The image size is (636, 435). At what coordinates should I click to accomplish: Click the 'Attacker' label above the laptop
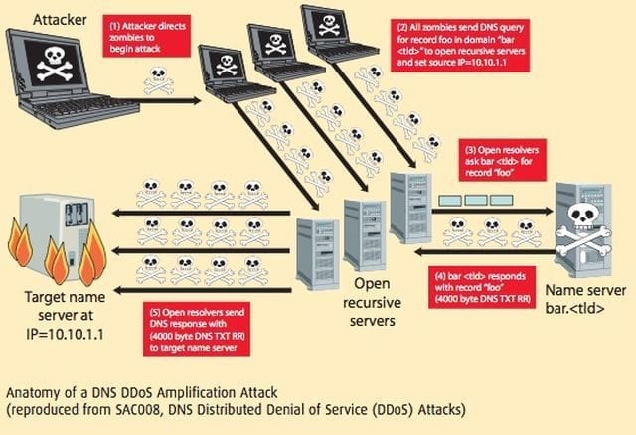pyautogui.click(x=60, y=20)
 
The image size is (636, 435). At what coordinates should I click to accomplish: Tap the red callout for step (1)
pyautogui.click(x=146, y=36)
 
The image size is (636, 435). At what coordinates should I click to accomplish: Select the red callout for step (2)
pyautogui.click(x=460, y=45)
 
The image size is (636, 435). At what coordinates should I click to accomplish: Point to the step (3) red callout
pyautogui.click(x=502, y=160)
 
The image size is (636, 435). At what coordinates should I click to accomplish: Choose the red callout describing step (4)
pyautogui.click(x=482, y=287)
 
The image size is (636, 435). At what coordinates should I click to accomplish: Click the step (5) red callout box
pyautogui.click(x=197, y=329)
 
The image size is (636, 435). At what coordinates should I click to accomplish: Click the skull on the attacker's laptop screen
pyautogui.click(x=54, y=63)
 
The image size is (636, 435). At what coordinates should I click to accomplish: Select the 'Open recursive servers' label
pyautogui.click(x=372, y=302)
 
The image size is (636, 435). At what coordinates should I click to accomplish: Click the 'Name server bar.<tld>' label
pyautogui.click(x=585, y=299)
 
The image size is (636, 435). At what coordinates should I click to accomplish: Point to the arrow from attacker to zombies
pyautogui.click(x=166, y=100)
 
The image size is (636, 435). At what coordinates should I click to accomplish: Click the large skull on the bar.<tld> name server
pyautogui.click(x=583, y=229)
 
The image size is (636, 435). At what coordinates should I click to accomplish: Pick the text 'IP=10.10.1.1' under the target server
pyautogui.click(x=65, y=334)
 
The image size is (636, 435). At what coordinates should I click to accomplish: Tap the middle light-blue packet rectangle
pyautogui.click(x=476, y=200)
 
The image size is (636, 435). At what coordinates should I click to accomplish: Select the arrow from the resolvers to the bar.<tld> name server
pyautogui.click(x=493, y=211)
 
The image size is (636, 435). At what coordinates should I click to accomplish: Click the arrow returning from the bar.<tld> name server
pyautogui.click(x=485, y=252)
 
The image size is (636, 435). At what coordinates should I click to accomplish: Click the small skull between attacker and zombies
pyautogui.click(x=159, y=81)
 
